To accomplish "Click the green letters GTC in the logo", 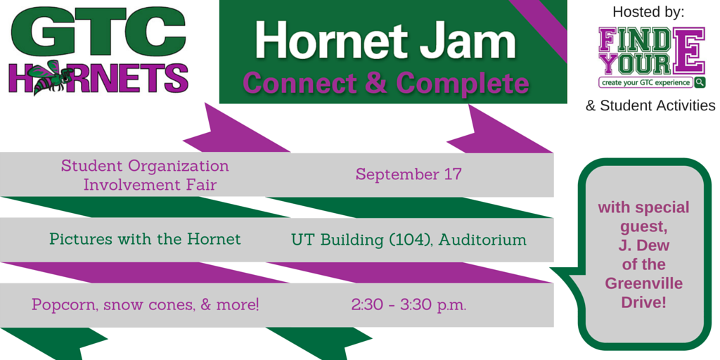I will click(x=98, y=33).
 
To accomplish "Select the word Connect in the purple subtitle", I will click(x=301, y=83).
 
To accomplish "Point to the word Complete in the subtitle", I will click(x=462, y=83).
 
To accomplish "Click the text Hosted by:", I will click(x=648, y=12).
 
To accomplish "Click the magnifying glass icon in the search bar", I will click(x=700, y=82).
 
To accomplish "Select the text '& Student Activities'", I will click(x=650, y=106).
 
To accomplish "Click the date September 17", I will click(x=409, y=174).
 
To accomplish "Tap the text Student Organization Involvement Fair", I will click(x=145, y=175).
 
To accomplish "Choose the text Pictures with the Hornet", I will click(x=145, y=239).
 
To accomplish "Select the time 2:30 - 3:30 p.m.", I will click(x=409, y=305).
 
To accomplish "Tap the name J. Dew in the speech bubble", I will click(x=643, y=246).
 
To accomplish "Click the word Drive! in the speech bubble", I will click(x=643, y=302).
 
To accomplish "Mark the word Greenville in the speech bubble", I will click(x=643, y=283).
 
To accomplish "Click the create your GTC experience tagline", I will click(x=646, y=82).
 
